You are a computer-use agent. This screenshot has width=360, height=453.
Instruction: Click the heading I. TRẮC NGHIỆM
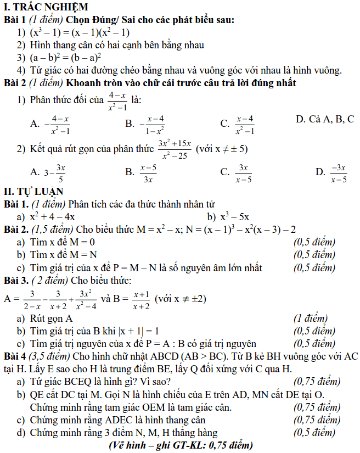pyautogui.click(x=46, y=7)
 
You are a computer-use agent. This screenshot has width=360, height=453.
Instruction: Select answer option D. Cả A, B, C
pyautogui.click(x=324, y=119)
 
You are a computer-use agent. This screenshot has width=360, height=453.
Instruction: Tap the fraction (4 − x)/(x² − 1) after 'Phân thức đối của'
pyautogui.click(x=117, y=101)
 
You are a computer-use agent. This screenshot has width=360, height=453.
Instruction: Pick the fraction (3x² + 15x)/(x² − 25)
pyautogui.click(x=174, y=149)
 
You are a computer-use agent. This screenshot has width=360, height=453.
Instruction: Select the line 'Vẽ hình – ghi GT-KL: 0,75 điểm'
pyautogui.click(x=181, y=445)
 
